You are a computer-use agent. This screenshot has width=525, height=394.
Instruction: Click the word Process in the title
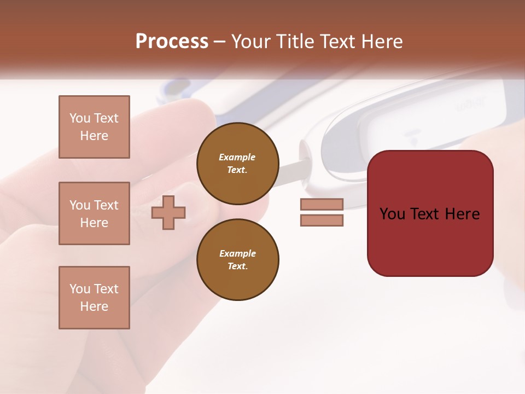click(x=172, y=42)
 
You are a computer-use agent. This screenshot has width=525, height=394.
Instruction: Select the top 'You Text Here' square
click(x=94, y=127)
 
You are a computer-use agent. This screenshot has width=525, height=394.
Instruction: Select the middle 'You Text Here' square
click(x=94, y=213)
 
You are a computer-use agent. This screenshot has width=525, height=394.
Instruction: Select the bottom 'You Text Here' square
click(x=94, y=298)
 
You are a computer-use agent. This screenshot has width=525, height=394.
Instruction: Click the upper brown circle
click(x=237, y=164)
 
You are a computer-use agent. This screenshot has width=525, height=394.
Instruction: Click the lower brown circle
click(x=237, y=260)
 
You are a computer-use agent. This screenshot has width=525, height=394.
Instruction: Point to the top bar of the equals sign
click(x=322, y=205)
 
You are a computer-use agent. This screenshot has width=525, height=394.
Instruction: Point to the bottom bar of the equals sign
click(x=322, y=221)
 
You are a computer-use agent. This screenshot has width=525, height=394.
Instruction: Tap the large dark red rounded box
click(x=430, y=241)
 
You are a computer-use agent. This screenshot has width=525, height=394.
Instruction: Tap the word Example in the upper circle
click(x=237, y=157)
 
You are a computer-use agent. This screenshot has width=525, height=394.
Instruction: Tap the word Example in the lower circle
click(x=237, y=253)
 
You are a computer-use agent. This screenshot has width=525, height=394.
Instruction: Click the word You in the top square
click(x=79, y=118)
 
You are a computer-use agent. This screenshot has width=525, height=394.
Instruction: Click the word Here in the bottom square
click(x=94, y=306)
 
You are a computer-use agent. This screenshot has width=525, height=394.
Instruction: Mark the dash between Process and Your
click(x=220, y=42)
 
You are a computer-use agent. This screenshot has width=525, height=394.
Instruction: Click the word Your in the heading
click(x=250, y=42)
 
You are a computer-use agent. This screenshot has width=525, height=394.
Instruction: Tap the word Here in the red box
click(x=462, y=214)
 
